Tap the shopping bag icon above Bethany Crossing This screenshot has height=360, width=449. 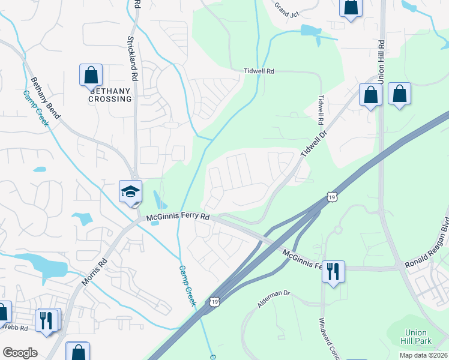(x=91, y=76)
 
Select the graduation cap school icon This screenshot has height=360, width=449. (x=130, y=192)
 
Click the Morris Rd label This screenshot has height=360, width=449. (x=95, y=272)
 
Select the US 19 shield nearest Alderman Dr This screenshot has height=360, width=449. (x=214, y=302)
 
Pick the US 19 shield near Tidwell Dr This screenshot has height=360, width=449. (x=331, y=196)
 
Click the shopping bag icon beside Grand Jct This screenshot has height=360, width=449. (x=350, y=8)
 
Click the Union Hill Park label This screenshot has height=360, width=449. (x=416, y=337)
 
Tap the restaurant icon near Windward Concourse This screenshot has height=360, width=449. (x=333, y=271)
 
